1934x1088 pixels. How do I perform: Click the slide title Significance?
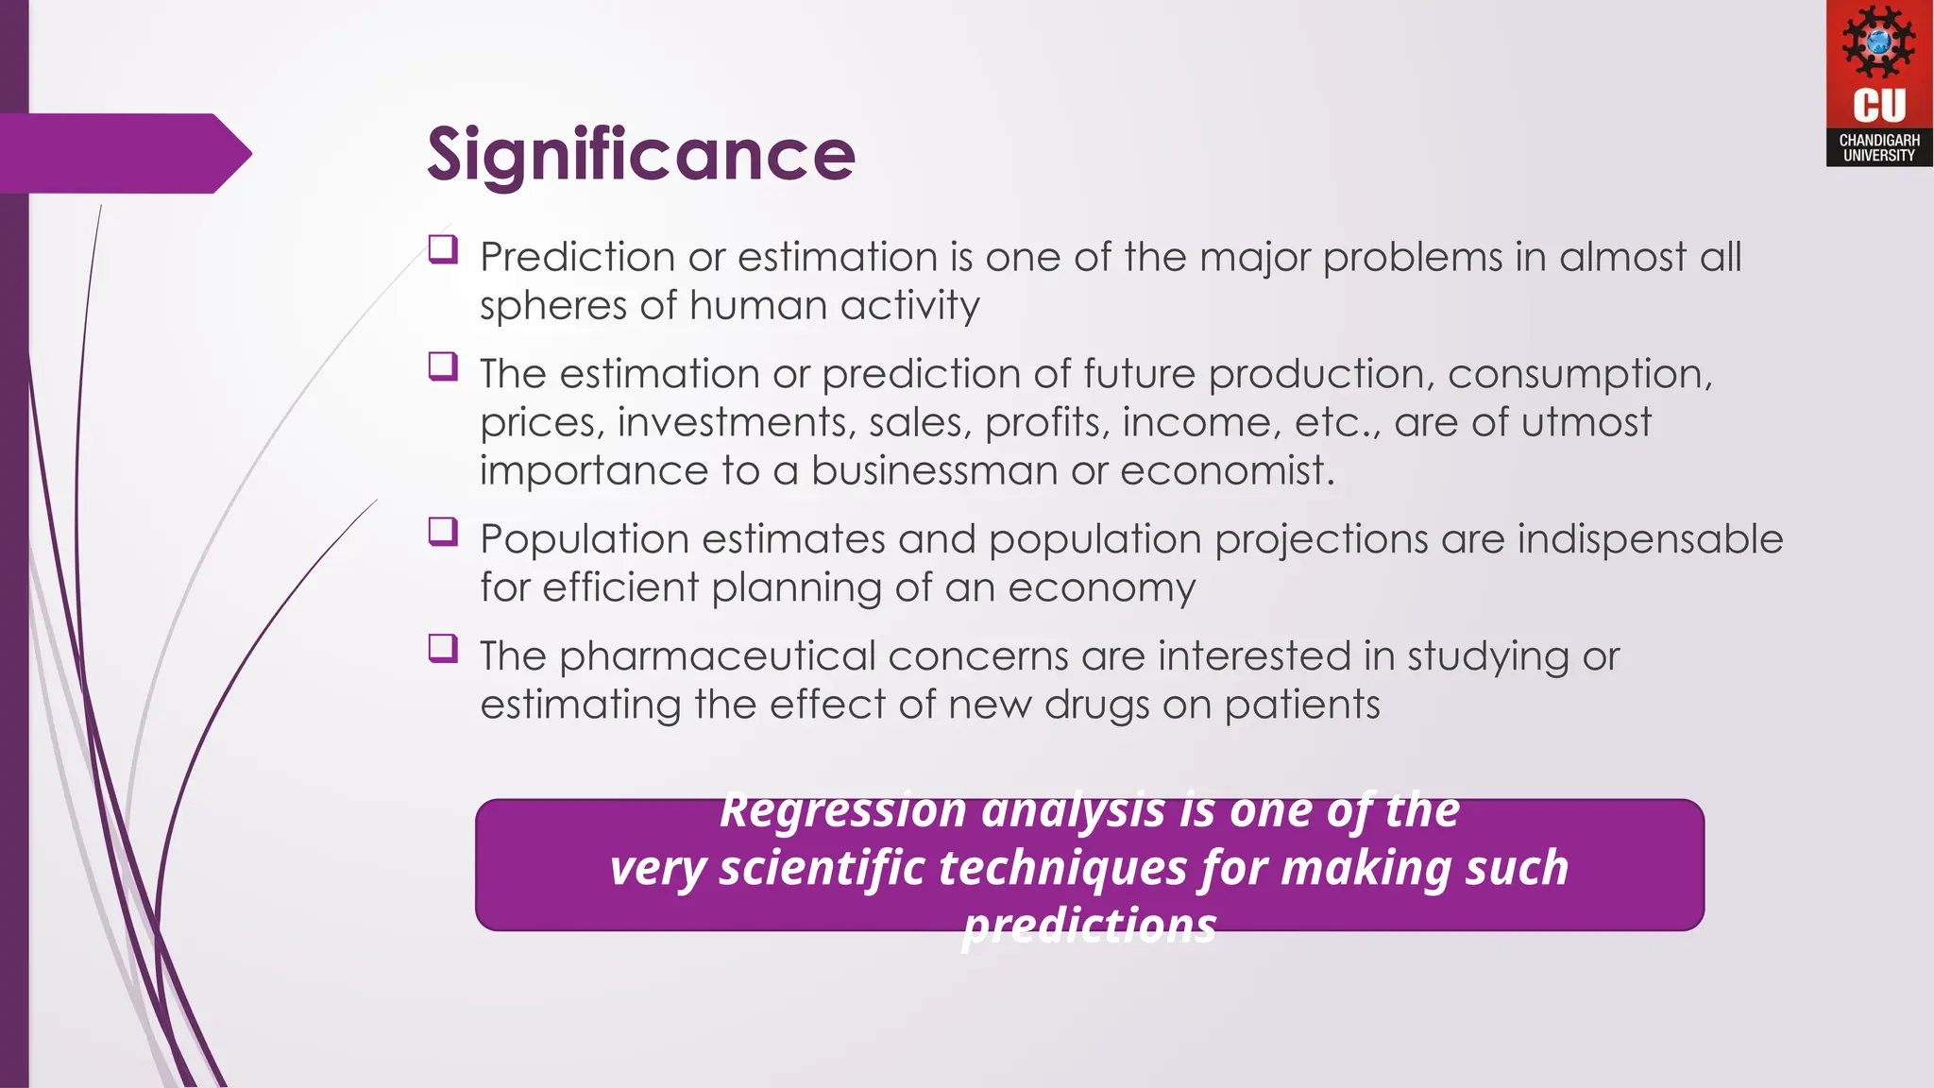(x=640, y=154)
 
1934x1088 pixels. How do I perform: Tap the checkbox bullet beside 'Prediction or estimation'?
(x=443, y=249)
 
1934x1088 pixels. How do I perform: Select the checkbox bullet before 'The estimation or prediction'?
(x=443, y=365)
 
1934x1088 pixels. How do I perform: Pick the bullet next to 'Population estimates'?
(x=443, y=531)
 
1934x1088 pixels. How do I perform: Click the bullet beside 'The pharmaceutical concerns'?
(x=443, y=648)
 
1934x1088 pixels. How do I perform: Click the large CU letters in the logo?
(x=1878, y=105)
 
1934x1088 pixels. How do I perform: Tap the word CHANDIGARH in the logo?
(x=1878, y=140)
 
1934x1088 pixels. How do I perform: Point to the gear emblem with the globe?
(x=1878, y=42)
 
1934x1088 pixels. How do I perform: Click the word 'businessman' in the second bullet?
(x=933, y=470)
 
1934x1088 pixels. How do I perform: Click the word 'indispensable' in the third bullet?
(x=1650, y=539)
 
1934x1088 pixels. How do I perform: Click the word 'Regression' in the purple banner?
(x=842, y=810)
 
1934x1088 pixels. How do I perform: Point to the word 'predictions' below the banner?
(x=1090, y=926)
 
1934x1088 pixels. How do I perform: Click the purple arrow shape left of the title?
(x=123, y=153)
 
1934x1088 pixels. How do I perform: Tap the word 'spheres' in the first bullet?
(x=552, y=306)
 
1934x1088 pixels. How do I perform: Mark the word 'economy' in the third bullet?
(x=1101, y=587)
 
